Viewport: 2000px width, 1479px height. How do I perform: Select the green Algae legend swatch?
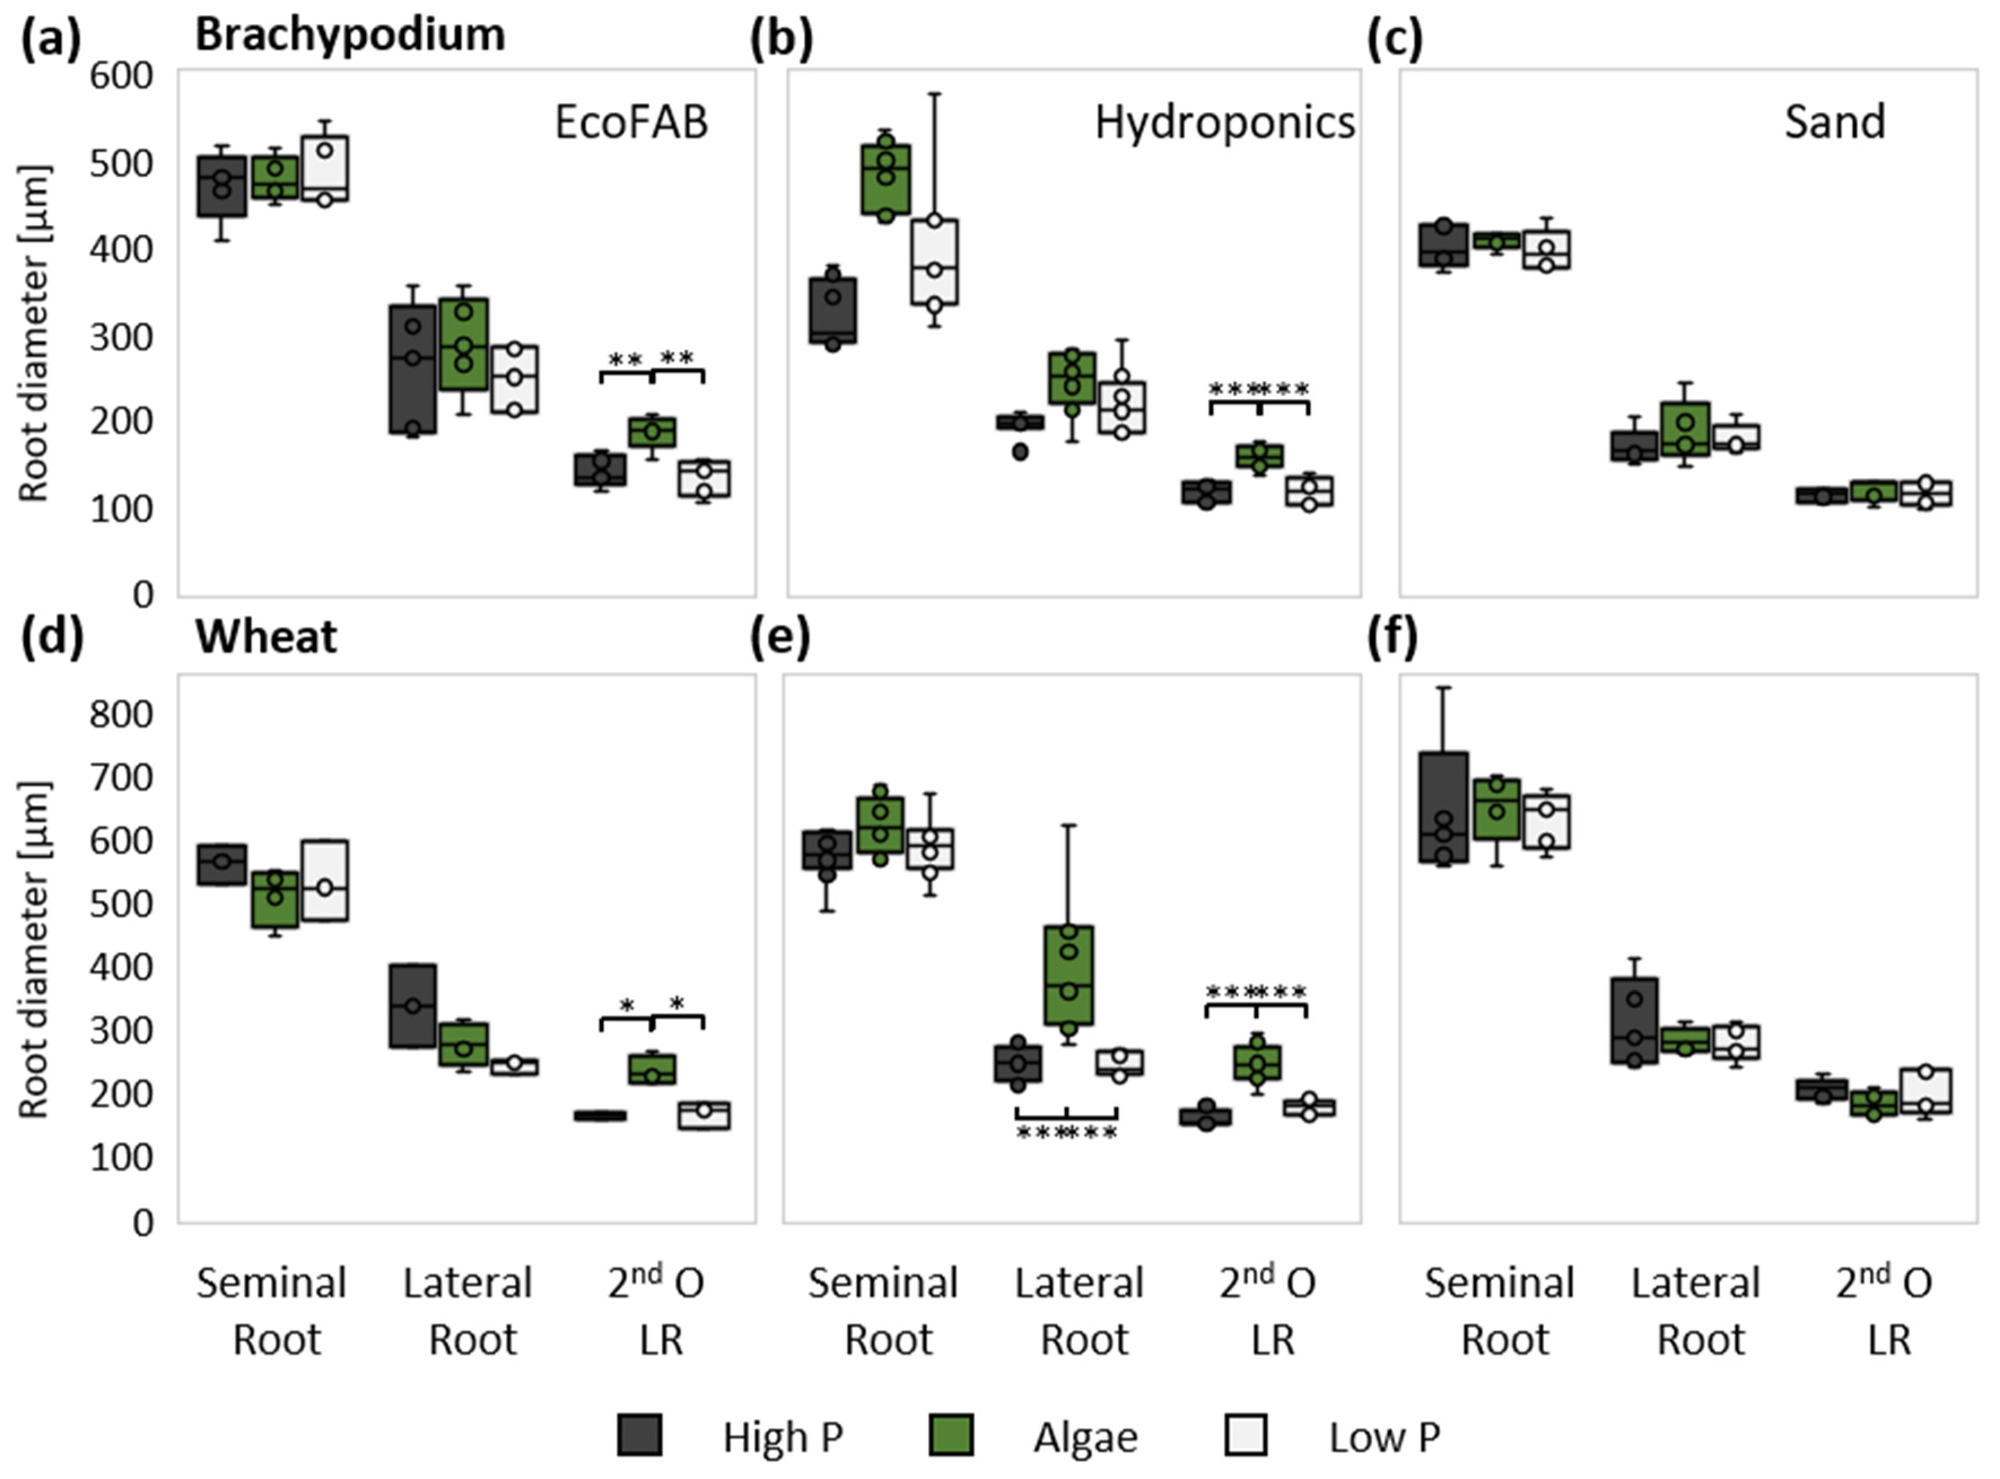click(951, 1434)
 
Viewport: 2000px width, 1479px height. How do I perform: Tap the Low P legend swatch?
click(1245, 1434)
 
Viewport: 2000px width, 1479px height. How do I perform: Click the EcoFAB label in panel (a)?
click(631, 123)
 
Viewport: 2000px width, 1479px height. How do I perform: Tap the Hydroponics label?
click(1224, 123)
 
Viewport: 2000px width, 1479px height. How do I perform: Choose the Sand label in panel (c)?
click(1835, 123)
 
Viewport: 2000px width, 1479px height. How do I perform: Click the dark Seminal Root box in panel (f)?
click(1443, 806)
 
